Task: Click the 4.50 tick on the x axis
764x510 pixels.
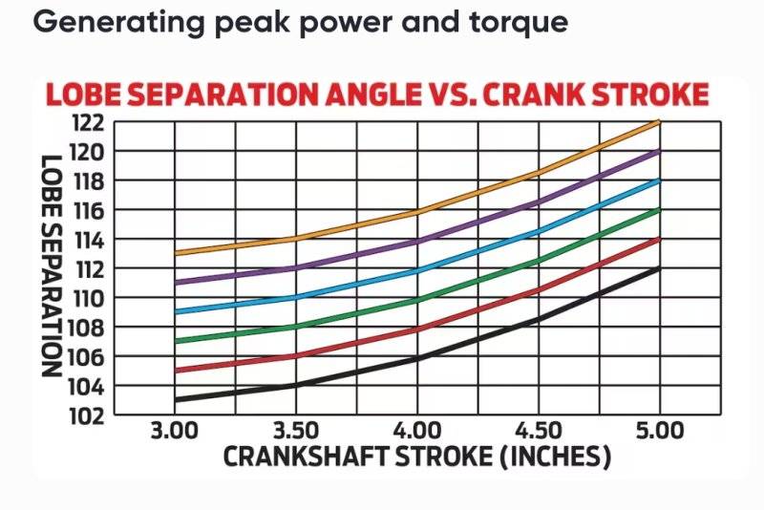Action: pyautogui.click(x=539, y=431)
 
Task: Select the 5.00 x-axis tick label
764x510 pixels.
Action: pyautogui.click(x=659, y=431)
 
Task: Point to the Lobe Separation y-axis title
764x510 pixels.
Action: pyautogui.click(x=53, y=267)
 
